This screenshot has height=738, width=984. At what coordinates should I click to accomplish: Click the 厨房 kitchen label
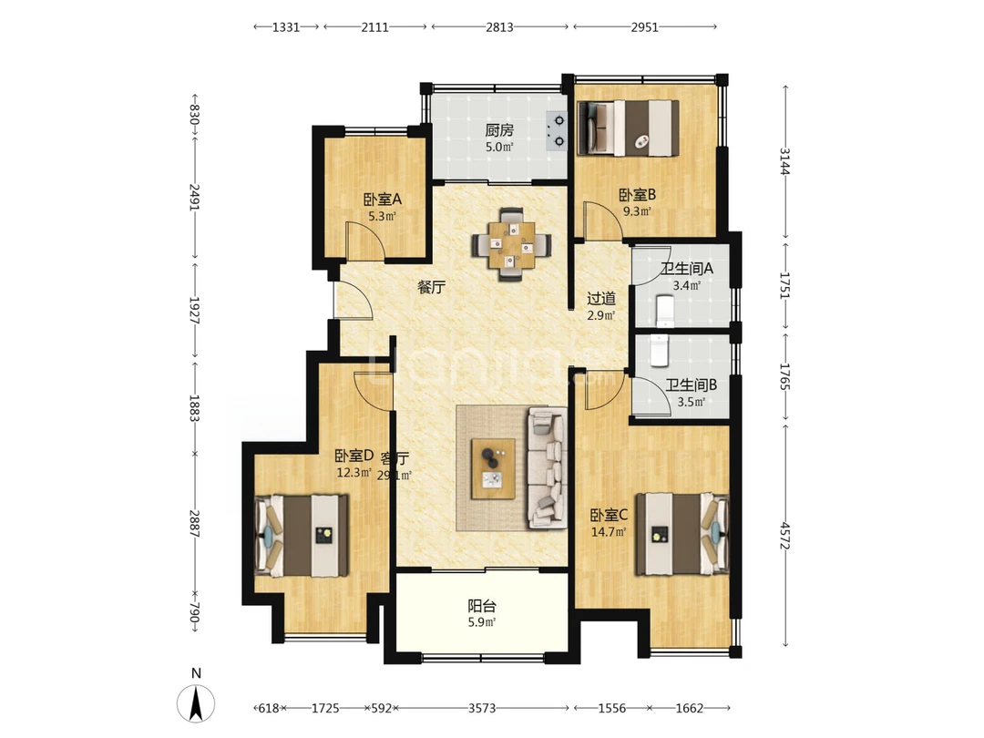(499, 130)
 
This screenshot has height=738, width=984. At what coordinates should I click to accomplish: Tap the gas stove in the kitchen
(557, 130)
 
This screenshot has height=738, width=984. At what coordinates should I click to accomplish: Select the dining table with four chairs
(512, 244)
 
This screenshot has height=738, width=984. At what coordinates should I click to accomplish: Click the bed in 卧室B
(629, 128)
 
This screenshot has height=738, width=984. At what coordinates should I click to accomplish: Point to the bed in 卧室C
(682, 535)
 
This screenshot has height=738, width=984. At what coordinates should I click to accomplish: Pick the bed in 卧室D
(302, 536)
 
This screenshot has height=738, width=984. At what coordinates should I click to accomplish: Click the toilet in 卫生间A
(664, 312)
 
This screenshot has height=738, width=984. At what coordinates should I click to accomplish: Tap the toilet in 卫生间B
(659, 351)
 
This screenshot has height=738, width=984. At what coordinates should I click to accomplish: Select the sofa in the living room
(548, 467)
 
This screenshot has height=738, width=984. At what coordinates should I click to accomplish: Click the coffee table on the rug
(493, 469)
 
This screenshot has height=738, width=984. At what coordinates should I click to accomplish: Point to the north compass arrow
(196, 703)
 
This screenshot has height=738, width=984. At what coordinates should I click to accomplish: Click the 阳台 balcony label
(482, 606)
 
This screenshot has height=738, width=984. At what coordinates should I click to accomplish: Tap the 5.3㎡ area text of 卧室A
(382, 217)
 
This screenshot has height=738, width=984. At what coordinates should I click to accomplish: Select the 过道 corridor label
(601, 299)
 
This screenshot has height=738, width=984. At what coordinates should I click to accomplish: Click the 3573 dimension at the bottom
(482, 709)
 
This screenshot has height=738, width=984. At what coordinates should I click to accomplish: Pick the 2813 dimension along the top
(499, 27)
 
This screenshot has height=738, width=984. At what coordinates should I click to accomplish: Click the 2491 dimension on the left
(195, 197)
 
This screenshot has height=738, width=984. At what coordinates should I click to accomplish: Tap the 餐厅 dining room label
(432, 287)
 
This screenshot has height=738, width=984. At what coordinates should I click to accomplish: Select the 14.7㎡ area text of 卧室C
(609, 532)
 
